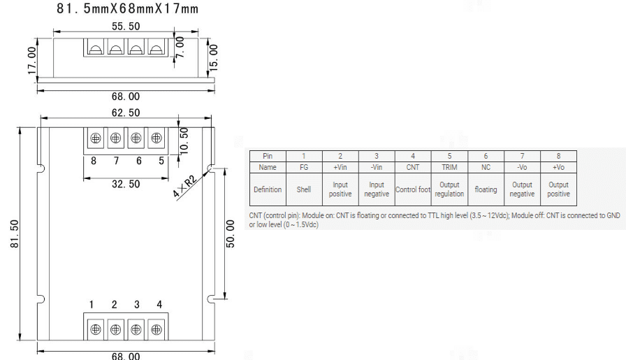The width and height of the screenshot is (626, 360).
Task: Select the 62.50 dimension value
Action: [x=126, y=112]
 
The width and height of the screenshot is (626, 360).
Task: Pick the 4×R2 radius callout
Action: [x=185, y=183]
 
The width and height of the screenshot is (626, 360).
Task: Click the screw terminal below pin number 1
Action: [x=95, y=329]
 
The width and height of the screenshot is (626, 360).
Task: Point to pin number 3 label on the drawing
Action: [x=137, y=305]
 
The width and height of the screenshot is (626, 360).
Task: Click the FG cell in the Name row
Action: [x=304, y=168]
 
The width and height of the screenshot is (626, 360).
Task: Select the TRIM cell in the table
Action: [x=449, y=168]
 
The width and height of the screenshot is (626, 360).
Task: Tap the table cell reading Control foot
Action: [x=413, y=189]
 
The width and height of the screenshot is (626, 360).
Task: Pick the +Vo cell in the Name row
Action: [x=558, y=168]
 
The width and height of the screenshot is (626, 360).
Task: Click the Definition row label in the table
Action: [x=268, y=189]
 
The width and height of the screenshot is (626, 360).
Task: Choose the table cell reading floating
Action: [x=486, y=189]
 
